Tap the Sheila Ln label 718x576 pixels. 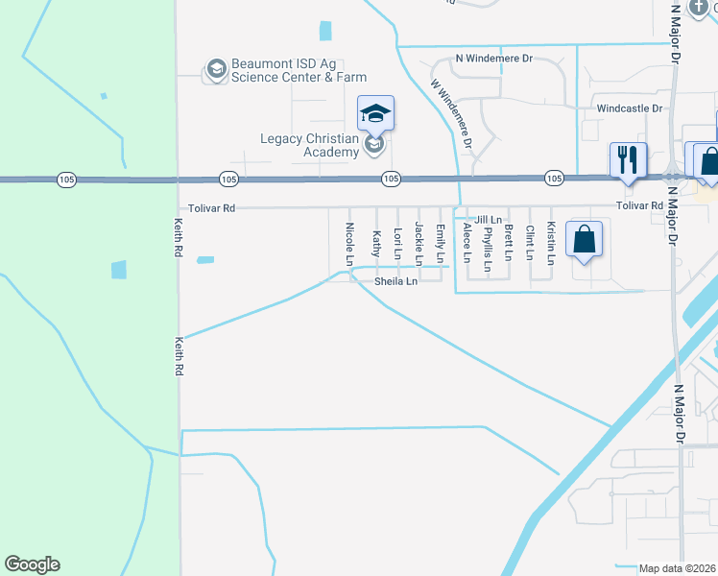[x=395, y=281]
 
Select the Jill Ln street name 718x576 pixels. [x=489, y=220]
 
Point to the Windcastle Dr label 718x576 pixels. [x=629, y=108]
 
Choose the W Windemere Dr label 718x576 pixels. [x=452, y=112]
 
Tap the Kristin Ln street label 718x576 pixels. [x=552, y=243]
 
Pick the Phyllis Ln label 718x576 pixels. [x=489, y=248]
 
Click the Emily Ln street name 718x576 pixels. [x=441, y=243]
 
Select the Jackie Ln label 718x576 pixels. [x=419, y=243]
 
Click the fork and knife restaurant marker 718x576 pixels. [x=629, y=159]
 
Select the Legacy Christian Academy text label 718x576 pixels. [x=309, y=145]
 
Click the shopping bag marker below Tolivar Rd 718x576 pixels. [x=584, y=238]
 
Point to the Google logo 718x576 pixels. [x=32, y=564]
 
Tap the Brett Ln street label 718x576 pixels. [x=510, y=241]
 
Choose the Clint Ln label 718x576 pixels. [x=531, y=243]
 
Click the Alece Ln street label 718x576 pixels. [x=467, y=243]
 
